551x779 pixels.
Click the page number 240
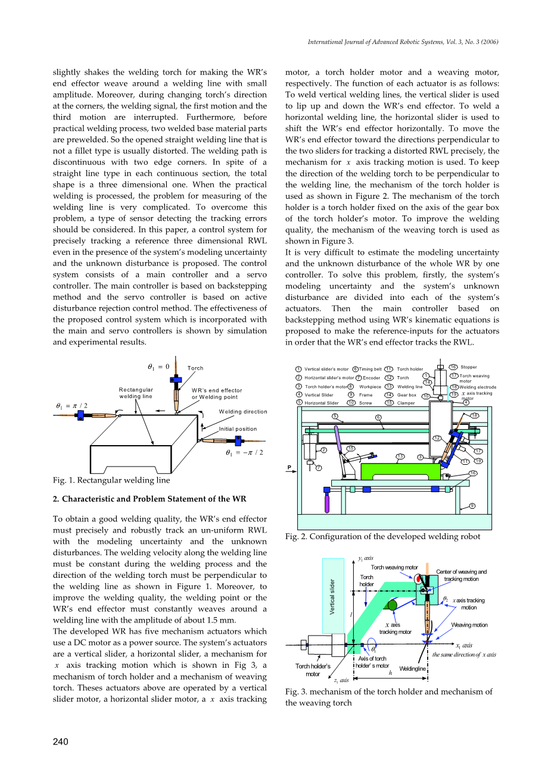coord(61,742)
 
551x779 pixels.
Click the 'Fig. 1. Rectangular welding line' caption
coord(111,480)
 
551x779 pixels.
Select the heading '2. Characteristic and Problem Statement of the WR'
coord(150,499)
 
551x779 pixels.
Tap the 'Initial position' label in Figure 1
coord(238,429)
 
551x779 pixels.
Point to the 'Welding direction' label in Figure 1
coord(243,412)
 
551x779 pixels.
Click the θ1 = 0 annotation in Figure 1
coord(158,367)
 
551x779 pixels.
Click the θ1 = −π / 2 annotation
coord(244,453)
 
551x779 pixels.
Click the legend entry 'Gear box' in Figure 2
coord(407,395)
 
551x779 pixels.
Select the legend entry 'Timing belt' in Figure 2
coord(370,369)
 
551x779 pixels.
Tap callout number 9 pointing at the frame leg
coord(472,506)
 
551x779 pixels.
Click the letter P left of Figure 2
coord(289,467)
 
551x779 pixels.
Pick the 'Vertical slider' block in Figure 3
coord(333,595)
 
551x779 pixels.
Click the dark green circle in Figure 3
coord(391,606)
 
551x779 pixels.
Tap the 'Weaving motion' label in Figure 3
coord(469,625)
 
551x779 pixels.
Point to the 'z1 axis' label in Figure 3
coord(341,680)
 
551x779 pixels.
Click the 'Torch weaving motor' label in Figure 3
coord(394,568)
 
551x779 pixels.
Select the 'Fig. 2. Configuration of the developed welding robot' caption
coord(382,537)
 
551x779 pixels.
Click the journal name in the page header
coord(403,42)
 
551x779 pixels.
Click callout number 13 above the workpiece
coord(400,456)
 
